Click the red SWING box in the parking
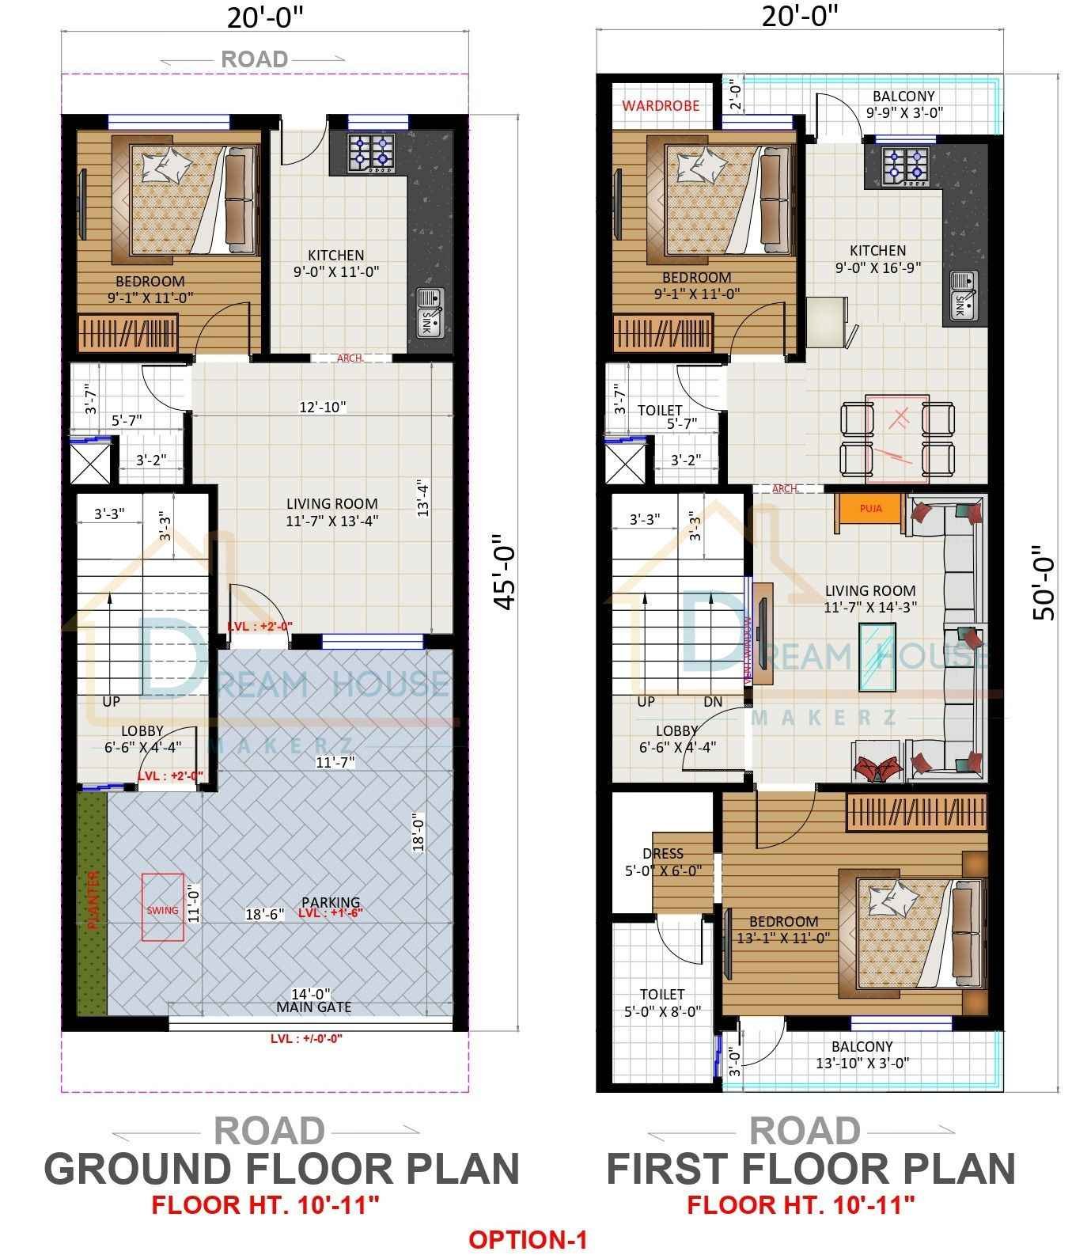pyautogui.click(x=163, y=908)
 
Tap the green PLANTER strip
pyautogui.click(x=92, y=902)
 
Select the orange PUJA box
pyautogui.click(x=870, y=509)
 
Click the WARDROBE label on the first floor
pyautogui.click(x=661, y=105)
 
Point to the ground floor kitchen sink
pyautogui.click(x=430, y=312)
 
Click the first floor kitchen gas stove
pyautogui.click(x=906, y=165)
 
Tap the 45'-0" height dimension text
pyautogui.click(x=505, y=578)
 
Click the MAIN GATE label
pyautogui.click(x=313, y=1007)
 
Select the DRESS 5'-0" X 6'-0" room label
pyautogui.click(x=663, y=863)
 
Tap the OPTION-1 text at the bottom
pyautogui.click(x=528, y=1238)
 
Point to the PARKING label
pyautogui.click(x=331, y=902)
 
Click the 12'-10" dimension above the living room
pyautogui.click(x=322, y=407)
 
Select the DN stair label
pyautogui.click(x=713, y=701)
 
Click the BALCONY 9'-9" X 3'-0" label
pyautogui.click(x=903, y=104)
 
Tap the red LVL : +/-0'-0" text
pyautogui.click(x=306, y=1039)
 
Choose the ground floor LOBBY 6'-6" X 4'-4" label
pyautogui.click(x=142, y=738)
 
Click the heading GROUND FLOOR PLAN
pyautogui.click(x=281, y=1168)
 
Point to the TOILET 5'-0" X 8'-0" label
pyautogui.click(x=662, y=1002)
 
